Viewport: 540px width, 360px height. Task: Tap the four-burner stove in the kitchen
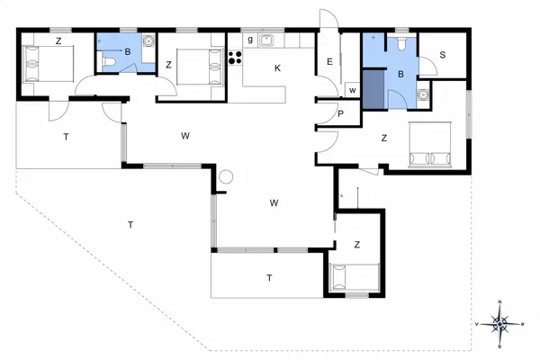click(237, 58)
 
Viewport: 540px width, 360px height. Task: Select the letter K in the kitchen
click(277, 67)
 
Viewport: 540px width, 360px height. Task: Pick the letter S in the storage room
click(443, 55)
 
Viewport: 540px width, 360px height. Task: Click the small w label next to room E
click(352, 90)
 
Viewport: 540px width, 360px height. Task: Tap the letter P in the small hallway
click(341, 112)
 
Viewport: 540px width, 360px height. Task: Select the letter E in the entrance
click(330, 61)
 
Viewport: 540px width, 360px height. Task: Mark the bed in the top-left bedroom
click(42, 64)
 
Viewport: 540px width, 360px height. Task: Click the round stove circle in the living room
click(226, 176)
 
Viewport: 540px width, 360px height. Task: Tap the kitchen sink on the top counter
click(266, 40)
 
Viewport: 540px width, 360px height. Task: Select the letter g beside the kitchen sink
click(250, 40)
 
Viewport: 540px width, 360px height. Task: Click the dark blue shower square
click(373, 95)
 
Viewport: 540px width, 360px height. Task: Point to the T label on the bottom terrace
click(268, 277)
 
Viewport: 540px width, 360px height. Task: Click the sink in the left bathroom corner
click(147, 41)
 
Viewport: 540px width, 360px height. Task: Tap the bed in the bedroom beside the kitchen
click(199, 65)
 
